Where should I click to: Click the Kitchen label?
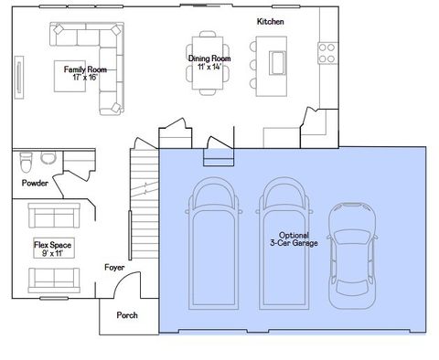click(x=270, y=20)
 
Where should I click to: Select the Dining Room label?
click(x=209, y=58)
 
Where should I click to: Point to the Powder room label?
click(x=35, y=183)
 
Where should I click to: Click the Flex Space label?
click(x=54, y=246)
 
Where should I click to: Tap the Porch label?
click(x=127, y=316)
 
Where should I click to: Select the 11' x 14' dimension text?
click(x=209, y=67)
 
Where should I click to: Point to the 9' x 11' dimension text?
click(x=54, y=254)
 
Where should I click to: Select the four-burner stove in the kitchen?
click(x=327, y=53)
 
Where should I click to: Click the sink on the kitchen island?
click(x=275, y=61)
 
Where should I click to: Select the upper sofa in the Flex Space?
click(x=54, y=216)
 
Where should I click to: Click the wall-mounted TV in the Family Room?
click(x=19, y=75)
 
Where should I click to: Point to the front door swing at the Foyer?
click(x=130, y=289)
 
